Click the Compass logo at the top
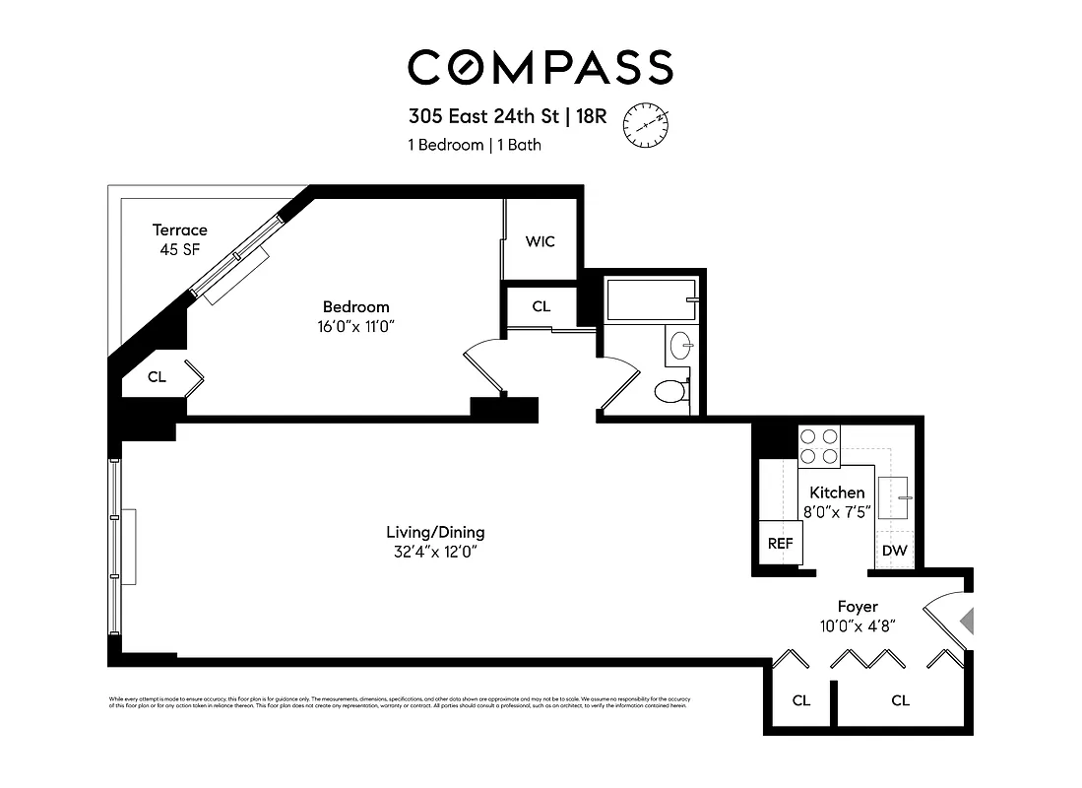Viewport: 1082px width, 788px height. click(541, 67)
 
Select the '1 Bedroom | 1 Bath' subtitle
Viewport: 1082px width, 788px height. click(475, 145)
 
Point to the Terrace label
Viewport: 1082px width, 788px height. click(179, 230)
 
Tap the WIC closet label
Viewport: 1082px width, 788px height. click(540, 241)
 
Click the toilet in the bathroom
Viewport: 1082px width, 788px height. click(670, 391)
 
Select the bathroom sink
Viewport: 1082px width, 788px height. click(681, 346)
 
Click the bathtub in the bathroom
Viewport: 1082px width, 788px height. click(652, 299)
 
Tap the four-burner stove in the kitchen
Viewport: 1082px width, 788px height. click(818, 445)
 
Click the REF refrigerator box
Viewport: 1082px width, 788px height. click(780, 543)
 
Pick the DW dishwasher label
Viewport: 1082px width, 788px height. click(894, 551)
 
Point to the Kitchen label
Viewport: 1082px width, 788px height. click(837, 492)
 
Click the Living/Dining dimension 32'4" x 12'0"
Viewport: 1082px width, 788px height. click(435, 551)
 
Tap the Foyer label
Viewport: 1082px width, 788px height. click(857, 607)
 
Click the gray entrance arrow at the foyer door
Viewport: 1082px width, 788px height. click(967, 622)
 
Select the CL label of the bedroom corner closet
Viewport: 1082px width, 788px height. click(157, 376)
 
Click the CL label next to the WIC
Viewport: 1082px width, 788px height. click(541, 306)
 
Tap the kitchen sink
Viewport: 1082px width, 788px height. click(895, 496)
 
